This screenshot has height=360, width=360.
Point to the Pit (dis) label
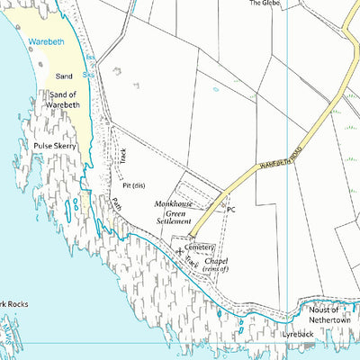tap(134, 185)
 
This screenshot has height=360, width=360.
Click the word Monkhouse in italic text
tap(174, 203)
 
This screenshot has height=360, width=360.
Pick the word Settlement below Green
tap(174, 220)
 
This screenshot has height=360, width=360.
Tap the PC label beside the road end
tap(230, 210)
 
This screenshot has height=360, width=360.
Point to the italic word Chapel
tap(215, 260)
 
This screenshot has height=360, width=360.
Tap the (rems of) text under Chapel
tap(216, 269)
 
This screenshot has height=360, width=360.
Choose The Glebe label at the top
tap(264, 4)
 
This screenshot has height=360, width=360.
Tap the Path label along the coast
tap(116, 205)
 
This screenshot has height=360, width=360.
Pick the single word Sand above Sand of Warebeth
tap(64, 76)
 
